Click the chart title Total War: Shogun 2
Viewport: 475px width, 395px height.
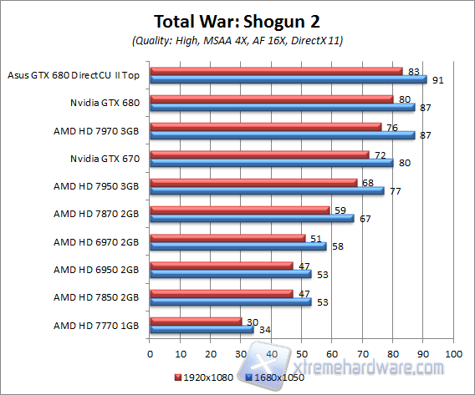click(x=238, y=19)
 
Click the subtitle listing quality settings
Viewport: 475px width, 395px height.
click(x=238, y=39)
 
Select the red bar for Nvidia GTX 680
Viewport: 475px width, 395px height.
click(x=271, y=99)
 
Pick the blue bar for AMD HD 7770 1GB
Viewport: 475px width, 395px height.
click(x=202, y=330)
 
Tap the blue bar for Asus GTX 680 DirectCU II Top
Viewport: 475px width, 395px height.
click(x=288, y=79)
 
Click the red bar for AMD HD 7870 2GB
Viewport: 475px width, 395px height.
click(x=239, y=210)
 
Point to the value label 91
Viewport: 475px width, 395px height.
click(x=437, y=79)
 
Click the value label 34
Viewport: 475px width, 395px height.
click(x=264, y=330)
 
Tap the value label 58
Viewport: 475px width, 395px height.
click(x=337, y=246)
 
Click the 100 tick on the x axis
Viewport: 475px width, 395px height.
click(x=453, y=354)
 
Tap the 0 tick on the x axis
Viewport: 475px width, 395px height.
click(x=150, y=354)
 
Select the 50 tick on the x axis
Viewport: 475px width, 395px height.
click(x=301, y=354)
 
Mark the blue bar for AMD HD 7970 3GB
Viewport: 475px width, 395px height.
click(x=282, y=135)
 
